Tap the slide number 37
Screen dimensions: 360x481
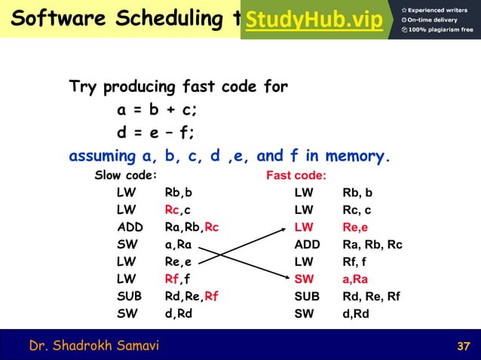[x=464, y=346]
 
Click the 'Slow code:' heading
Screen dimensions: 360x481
[x=125, y=175]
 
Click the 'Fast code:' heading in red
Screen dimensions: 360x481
[x=296, y=175]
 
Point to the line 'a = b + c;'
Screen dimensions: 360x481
[x=157, y=109]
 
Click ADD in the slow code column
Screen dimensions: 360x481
[x=130, y=227]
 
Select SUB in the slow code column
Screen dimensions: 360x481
[x=130, y=296]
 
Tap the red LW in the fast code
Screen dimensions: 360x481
[x=304, y=227]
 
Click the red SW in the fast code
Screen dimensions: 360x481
[x=304, y=279]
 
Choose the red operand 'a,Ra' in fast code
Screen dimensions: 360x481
[x=357, y=279]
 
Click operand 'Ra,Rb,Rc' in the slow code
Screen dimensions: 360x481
[x=191, y=227]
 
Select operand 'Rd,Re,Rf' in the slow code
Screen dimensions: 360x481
[x=191, y=296]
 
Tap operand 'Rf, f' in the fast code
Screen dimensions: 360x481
[x=356, y=261]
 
